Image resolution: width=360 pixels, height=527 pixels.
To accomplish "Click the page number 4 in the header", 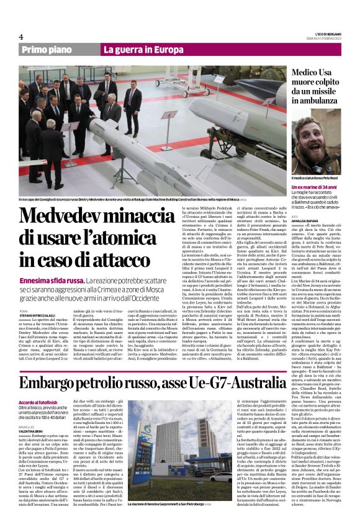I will pos(20,37).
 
